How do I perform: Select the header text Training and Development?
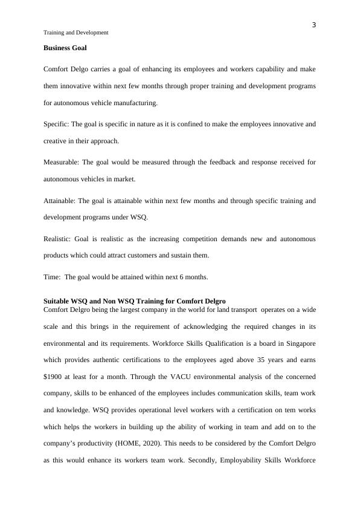tap(76, 33)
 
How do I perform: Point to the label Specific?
tap(56, 124)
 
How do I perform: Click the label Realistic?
tap(58, 239)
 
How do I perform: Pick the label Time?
tap(52, 277)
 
